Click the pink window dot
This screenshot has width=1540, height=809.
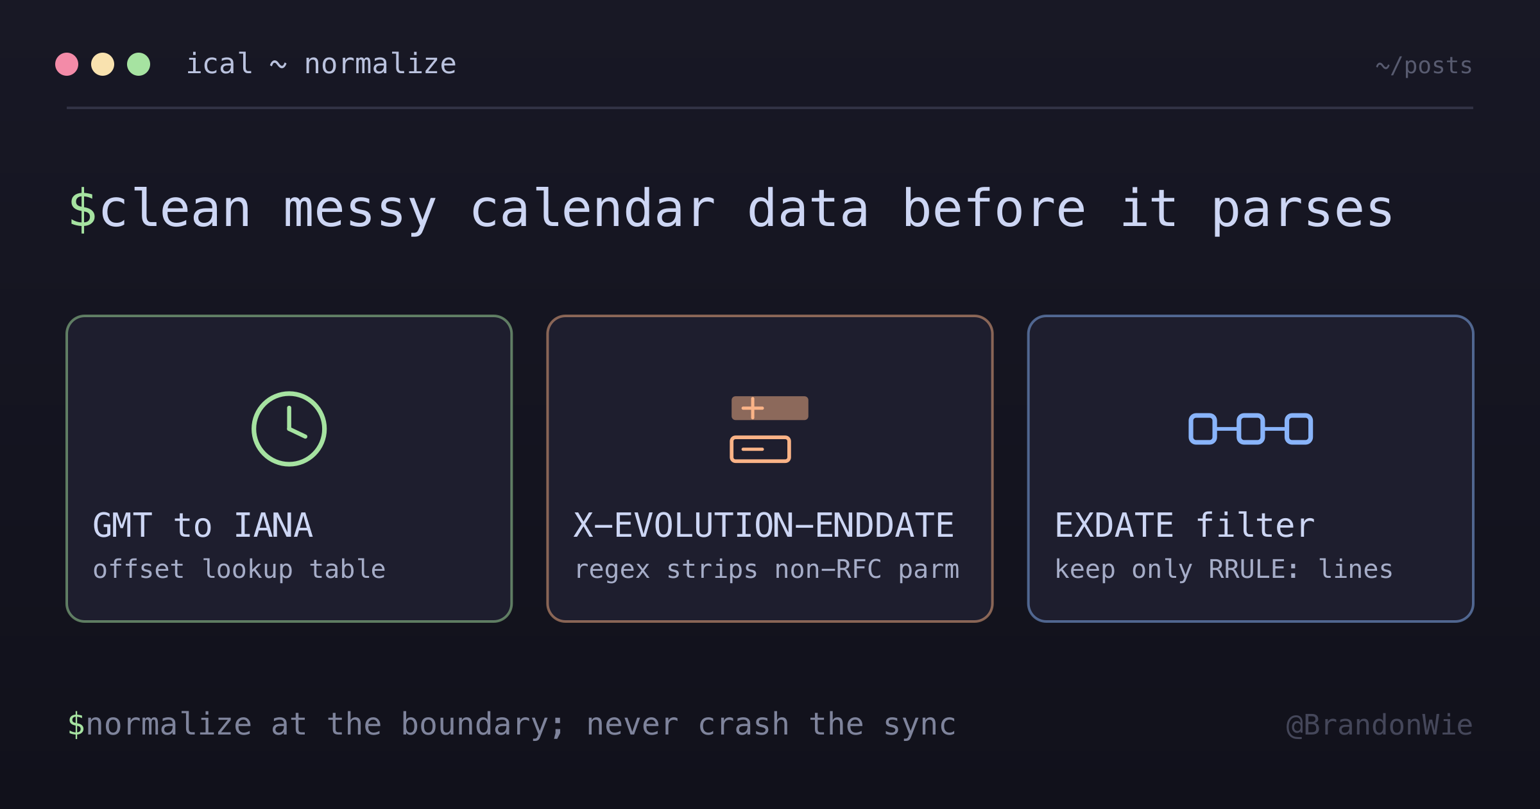[x=67, y=64]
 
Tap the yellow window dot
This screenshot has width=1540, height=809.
[x=103, y=64]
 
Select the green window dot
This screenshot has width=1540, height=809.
[x=139, y=64]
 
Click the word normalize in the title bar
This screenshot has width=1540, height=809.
[x=380, y=64]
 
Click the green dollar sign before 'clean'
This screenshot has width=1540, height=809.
[x=82, y=209]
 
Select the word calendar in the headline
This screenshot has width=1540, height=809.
[x=593, y=209]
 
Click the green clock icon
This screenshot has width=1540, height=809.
[x=289, y=428]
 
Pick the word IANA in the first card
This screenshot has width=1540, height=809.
[x=273, y=525]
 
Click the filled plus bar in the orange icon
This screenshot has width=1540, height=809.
[x=770, y=408]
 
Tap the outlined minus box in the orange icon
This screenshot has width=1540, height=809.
[x=760, y=449]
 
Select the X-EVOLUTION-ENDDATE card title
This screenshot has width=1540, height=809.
[x=764, y=525]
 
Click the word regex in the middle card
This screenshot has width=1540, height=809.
[x=612, y=570]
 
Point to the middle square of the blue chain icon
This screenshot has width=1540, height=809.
[x=1251, y=429]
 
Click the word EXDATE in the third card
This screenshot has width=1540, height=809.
[x=1115, y=525]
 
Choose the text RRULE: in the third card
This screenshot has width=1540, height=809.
[x=1254, y=570]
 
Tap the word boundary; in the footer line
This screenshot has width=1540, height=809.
[x=483, y=725]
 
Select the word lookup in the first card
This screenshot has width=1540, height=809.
[x=248, y=570]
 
